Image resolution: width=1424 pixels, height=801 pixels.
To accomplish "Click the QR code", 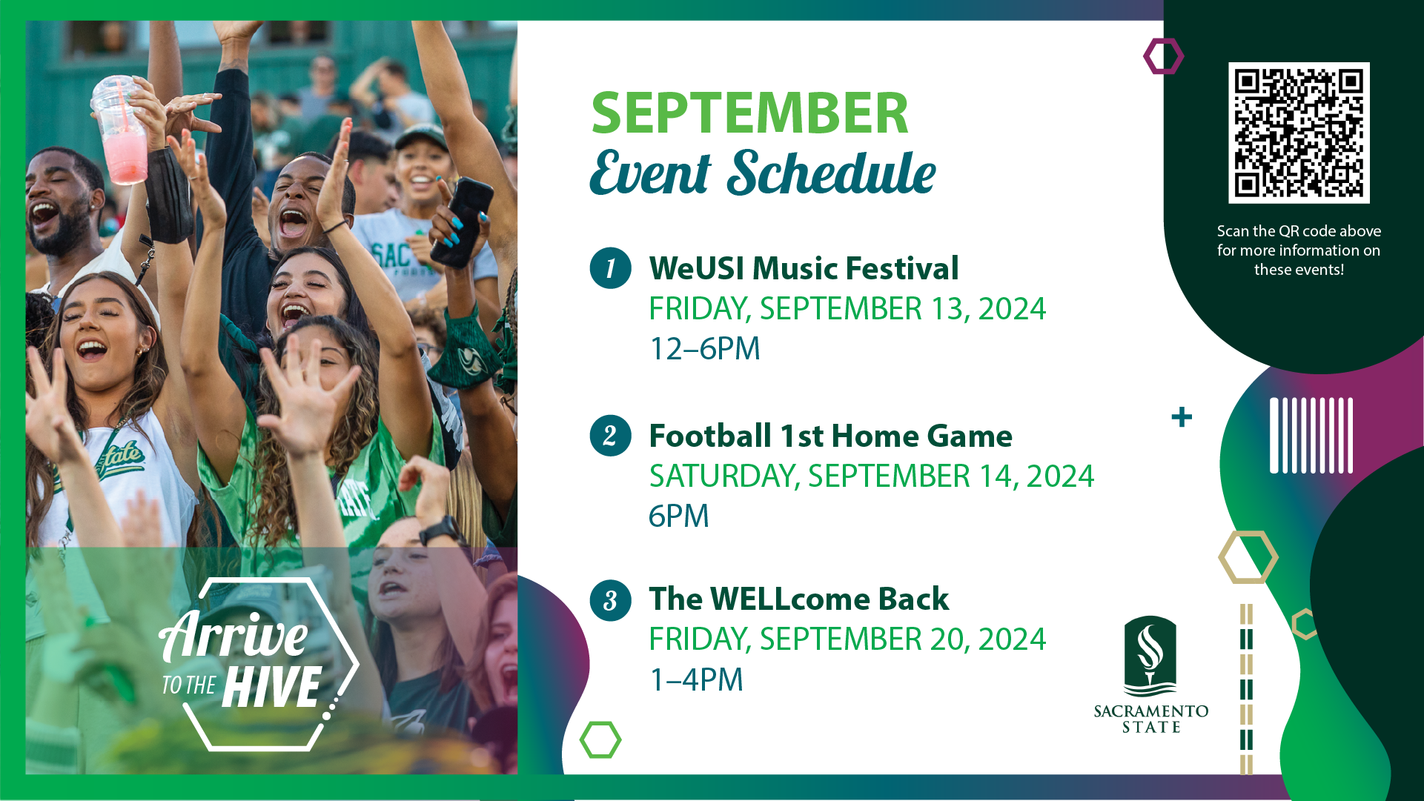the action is (1299, 133).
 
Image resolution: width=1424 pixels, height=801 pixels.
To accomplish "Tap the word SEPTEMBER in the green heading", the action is (749, 113).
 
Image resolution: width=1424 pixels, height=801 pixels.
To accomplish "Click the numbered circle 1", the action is (610, 267).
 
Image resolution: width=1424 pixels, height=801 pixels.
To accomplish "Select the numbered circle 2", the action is (610, 435).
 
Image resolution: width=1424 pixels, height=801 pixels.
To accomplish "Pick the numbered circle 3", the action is (610, 599).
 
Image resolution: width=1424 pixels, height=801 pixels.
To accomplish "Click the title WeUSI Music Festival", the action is (804, 268).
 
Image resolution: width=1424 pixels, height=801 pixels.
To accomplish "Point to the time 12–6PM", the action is (705, 348).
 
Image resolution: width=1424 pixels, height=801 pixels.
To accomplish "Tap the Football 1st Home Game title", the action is (830, 436).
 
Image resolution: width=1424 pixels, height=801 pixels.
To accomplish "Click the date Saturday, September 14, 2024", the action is (872, 476).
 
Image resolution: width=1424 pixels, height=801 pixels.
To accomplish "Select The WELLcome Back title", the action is (799, 599).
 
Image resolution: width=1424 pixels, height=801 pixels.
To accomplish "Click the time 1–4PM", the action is (696, 679).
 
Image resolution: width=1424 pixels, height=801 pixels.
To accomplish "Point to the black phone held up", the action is (463, 222).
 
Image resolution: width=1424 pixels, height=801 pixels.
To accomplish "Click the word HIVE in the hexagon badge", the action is (271, 687).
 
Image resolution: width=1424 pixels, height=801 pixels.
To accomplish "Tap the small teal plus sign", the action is (1182, 417).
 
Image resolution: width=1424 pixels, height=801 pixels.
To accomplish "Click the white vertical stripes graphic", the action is (1311, 436).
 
